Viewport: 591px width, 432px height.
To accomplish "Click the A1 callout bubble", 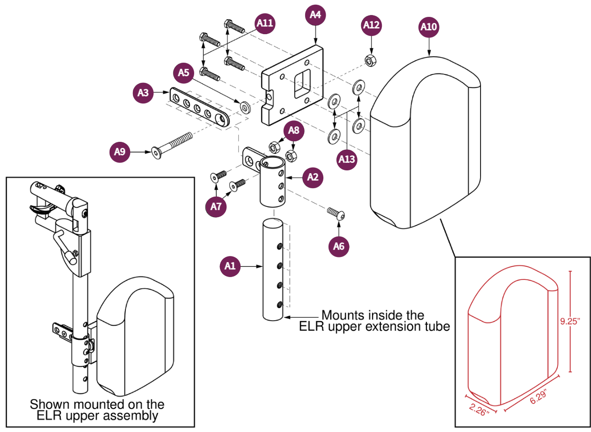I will [230, 266].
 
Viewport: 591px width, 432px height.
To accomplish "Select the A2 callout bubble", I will [313, 177].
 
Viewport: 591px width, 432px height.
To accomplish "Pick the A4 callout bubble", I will [316, 15].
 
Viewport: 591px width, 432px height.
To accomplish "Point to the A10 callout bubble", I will [428, 27].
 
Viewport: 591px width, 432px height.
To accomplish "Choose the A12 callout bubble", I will [372, 25].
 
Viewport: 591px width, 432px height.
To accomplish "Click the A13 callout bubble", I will [347, 159].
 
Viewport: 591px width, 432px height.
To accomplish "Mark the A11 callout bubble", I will [265, 24].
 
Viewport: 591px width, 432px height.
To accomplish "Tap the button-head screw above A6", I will [337, 214].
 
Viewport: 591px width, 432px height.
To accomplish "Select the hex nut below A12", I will [370, 59].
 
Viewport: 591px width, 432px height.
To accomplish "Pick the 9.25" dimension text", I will [572, 322].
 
